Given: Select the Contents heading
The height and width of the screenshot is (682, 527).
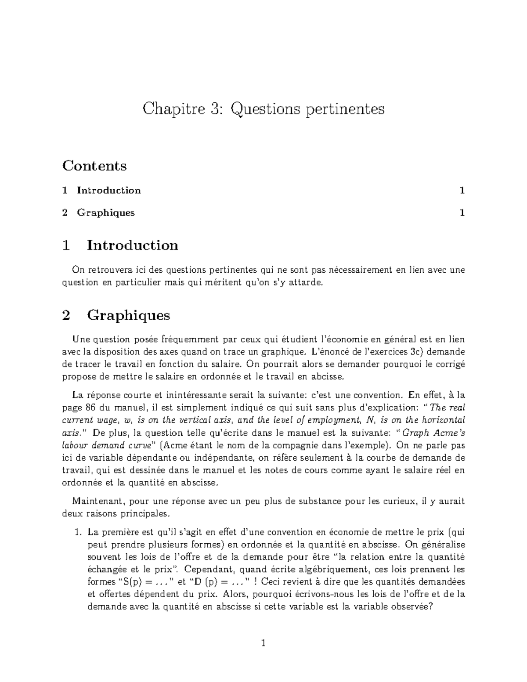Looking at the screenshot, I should pos(94,166).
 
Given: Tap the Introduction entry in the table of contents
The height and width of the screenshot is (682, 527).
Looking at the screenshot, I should pos(109,190).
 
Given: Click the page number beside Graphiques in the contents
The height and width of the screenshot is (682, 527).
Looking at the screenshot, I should pos(462,213).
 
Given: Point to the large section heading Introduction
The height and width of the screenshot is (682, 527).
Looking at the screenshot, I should pos(132,245).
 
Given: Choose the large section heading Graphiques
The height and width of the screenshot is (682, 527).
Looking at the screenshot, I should pos(128,315).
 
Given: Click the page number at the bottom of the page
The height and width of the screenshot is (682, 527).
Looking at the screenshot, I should pos(263,644).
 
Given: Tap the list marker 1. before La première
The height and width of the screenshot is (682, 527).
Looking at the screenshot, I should pos(79,532).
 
